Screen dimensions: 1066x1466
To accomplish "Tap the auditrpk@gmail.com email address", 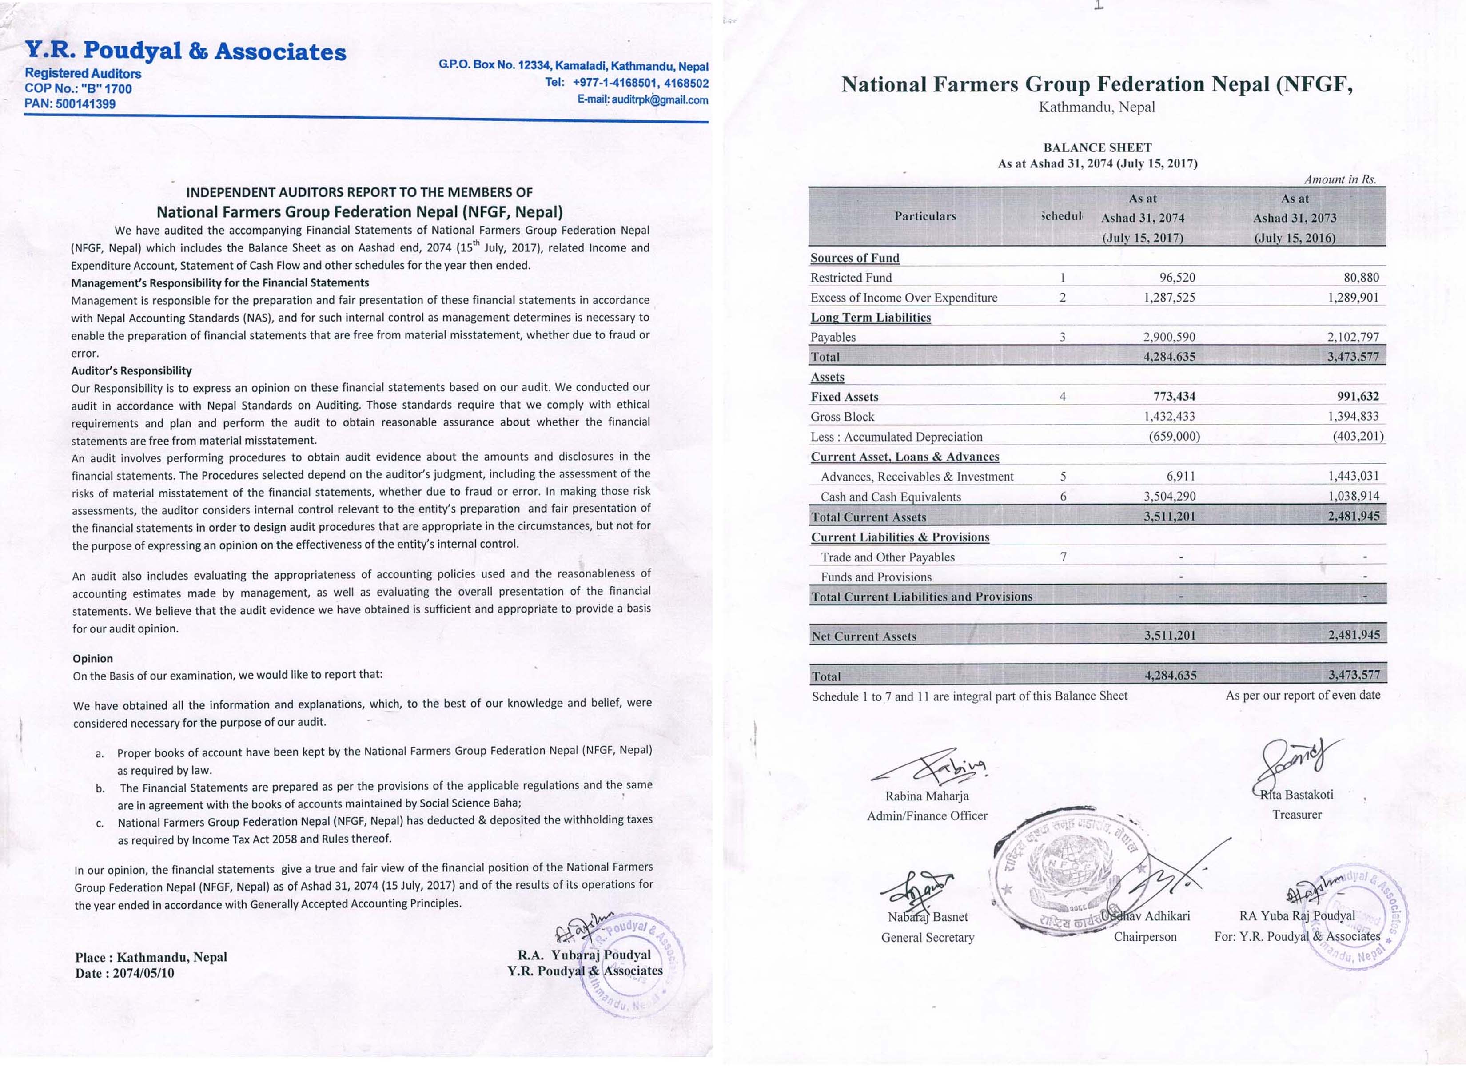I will pyautogui.click(x=642, y=100).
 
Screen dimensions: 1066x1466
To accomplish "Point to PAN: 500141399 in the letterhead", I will pyautogui.click(x=70, y=104).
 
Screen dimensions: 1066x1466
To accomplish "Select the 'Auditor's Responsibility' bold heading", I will pyautogui.click(x=131, y=370).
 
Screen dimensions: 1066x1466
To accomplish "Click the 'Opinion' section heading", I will pyautogui.click(x=92, y=658).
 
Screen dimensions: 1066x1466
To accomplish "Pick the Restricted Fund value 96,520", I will pyautogui.click(x=1177, y=277).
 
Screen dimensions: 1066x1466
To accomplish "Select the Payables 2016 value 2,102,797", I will pyautogui.click(x=1353, y=337).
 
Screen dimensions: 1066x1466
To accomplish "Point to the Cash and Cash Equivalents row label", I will pyautogui.click(x=890, y=497).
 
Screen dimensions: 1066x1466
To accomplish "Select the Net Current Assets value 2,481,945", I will pyautogui.click(x=1354, y=635).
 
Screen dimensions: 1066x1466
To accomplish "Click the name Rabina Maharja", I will pyautogui.click(x=927, y=796).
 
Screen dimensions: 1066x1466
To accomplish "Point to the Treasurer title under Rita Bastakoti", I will pyautogui.click(x=1297, y=815).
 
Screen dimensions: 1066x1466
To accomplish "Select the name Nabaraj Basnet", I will pyautogui.click(x=928, y=917).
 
